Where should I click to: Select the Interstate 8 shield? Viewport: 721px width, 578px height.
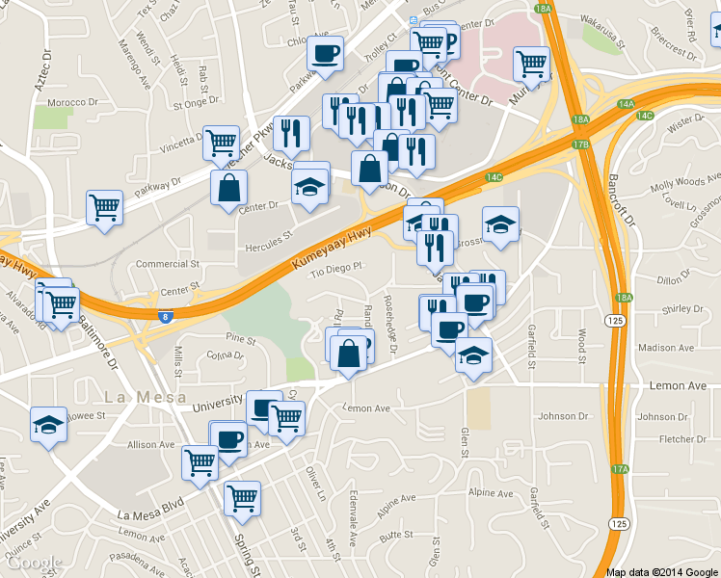[168, 314]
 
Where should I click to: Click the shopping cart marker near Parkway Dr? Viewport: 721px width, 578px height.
[104, 206]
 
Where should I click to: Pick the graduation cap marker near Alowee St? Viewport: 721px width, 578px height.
[47, 424]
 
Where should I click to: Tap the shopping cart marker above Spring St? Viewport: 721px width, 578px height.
[242, 498]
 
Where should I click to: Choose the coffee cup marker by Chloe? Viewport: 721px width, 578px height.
[325, 52]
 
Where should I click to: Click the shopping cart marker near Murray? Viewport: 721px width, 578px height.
[531, 64]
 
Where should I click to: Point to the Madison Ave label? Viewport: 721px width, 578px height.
[664, 348]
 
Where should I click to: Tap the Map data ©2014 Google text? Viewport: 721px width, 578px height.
[662, 571]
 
